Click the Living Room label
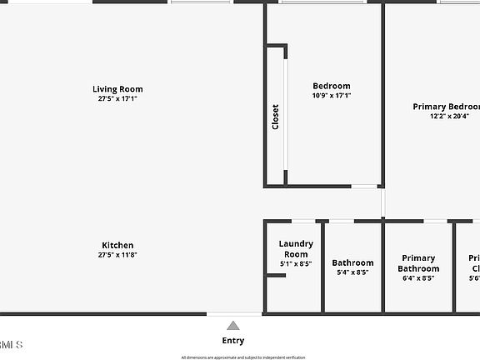tap(117, 89)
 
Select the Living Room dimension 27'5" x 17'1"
tap(117, 98)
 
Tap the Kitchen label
tap(117, 245)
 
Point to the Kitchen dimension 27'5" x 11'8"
tap(117, 255)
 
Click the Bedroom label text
tap(332, 86)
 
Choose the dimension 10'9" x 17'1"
tap(332, 95)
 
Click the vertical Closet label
tap(276, 116)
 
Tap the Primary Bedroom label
tap(447, 107)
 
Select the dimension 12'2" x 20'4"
tap(450, 117)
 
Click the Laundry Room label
tap(296, 248)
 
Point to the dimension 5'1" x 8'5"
tap(296, 263)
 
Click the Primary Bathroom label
tap(418, 263)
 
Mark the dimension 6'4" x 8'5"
tap(418, 277)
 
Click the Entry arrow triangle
tap(233, 326)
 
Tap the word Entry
tap(233, 340)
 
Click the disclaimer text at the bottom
tap(243, 357)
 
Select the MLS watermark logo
tap(11, 344)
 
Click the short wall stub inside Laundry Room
tap(276, 275)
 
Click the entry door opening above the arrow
tap(234, 314)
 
